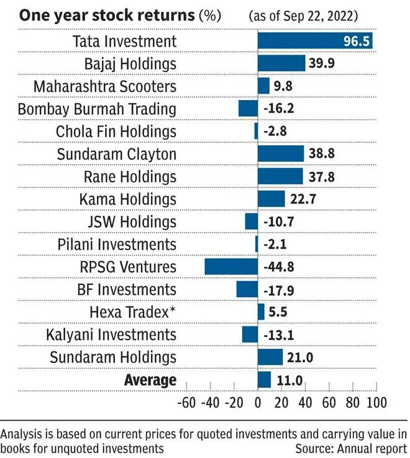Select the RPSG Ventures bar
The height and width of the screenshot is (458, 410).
pyautogui.click(x=231, y=267)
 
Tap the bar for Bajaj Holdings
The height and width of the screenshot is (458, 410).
pyautogui.click(x=281, y=63)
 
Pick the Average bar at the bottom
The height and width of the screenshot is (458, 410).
pyautogui.click(x=265, y=380)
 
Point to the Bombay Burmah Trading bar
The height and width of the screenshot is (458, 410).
pyautogui.click(x=248, y=109)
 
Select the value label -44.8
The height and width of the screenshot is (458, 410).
pyautogui.click(x=280, y=267)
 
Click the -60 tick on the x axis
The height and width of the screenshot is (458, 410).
pyautogui.click(x=187, y=402)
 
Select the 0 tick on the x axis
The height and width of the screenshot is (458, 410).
pyautogui.click(x=258, y=402)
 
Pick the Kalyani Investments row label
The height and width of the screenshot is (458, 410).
pyautogui.click(x=111, y=335)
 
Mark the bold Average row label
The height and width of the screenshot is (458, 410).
pyautogui.click(x=150, y=380)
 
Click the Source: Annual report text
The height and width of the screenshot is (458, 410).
pyautogui.click(x=351, y=448)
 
